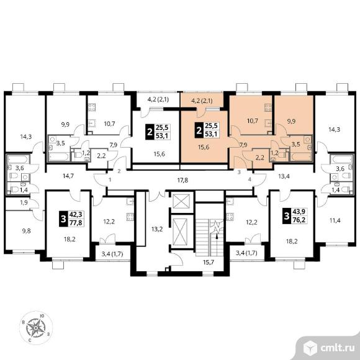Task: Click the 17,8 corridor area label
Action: point(182,180)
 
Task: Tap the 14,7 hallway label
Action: point(68,176)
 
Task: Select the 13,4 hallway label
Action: point(284,176)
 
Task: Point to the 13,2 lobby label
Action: point(157,229)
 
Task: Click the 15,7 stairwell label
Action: point(209,262)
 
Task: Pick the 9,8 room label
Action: point(26,231)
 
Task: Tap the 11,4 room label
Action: point(335,220)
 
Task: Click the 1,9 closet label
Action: point(24,203)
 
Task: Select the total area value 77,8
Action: point(76,222)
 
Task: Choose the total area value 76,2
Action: point(299,220)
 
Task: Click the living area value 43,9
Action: point(299,212)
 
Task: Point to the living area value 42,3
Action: point(76,215)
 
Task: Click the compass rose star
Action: point(35,328)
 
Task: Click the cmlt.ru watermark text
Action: point(337,349)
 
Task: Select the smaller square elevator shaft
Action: point(181,201)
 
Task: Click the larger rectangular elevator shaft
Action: point(180,232)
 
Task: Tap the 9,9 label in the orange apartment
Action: point(291,121)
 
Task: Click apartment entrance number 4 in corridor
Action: point(250,179)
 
